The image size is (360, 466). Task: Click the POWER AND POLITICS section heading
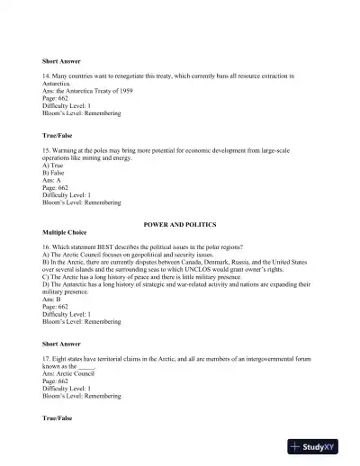(179, 222)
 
